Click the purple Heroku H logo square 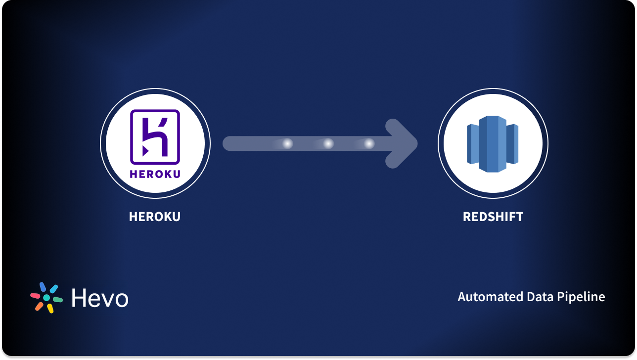tap(155, 137)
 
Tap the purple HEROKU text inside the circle tap(155, 174)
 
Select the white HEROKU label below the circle tap(155, 217)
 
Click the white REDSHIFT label tap(493, 217)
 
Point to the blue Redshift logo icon tap(493, 144)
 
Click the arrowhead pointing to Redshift tap(402, 143)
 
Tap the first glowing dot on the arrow tap(287, 143)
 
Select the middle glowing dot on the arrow tap(328, 143)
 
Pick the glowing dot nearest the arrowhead tap(369, 143)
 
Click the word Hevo tap(100, 298)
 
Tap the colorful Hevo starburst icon tap(46, 297)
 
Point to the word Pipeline tap(581, 297)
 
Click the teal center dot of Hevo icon tap(46, 298)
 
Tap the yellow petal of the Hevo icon tap(50, 309)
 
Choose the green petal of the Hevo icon tap(58, 300)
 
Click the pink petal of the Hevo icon tap(35, 296)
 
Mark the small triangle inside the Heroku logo tap(145, 151)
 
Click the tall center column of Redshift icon tap(493, 144)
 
